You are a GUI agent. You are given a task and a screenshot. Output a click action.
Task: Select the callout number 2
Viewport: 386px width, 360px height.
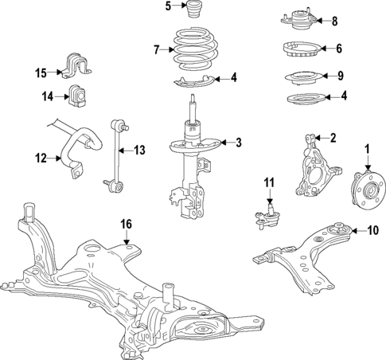(x=333, y=138)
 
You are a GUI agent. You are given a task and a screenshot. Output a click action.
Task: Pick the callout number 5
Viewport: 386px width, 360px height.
(x=168, y=7)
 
